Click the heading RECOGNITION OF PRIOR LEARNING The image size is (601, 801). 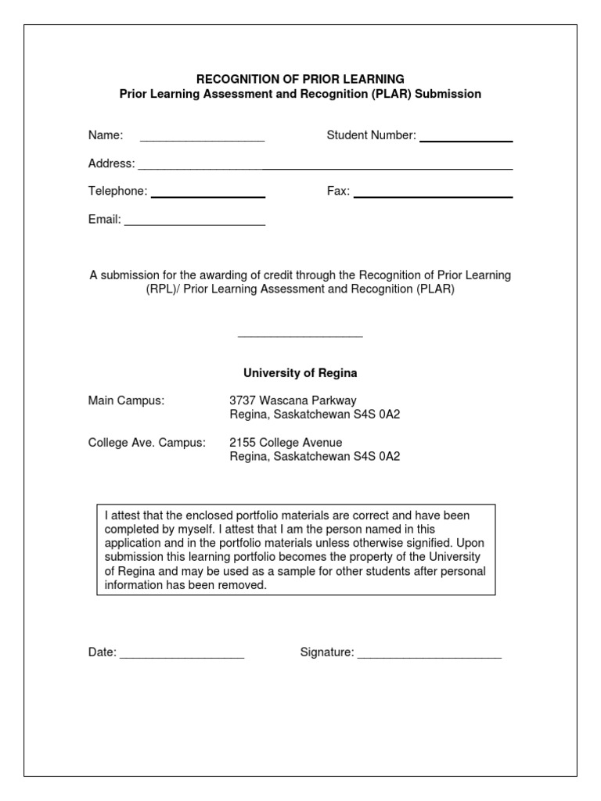(300, 79)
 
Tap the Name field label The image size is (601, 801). (106, 135)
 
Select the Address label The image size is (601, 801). (112, 163)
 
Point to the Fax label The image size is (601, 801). (338, 192)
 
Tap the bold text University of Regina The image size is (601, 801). (300, 373)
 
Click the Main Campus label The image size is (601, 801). (126, 400)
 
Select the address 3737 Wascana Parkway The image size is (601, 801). (293, 400)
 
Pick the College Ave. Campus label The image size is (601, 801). (147, 443)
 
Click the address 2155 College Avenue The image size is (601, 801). (286, 443)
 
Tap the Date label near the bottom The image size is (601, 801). (103, 652)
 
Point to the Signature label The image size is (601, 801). (327, 652)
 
